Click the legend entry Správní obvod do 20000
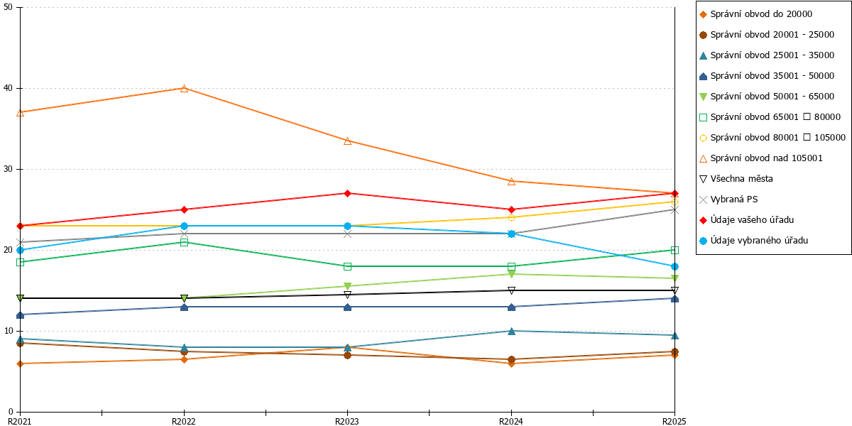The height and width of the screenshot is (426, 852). (755, 14)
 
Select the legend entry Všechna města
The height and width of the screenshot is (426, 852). (736, 179)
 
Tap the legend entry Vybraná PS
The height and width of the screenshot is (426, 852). (728, 200)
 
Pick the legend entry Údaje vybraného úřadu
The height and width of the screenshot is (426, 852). (753, 241)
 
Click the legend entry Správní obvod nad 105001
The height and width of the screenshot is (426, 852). (760, 158)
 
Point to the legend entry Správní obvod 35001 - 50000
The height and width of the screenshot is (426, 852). (767, 76)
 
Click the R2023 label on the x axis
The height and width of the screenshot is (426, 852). (347, 421)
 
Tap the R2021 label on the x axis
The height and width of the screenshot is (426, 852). (20, 421)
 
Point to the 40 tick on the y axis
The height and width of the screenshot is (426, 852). (8, 88)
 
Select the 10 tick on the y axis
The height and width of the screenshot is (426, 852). (8, 331)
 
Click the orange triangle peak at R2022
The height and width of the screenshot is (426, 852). (184, 88)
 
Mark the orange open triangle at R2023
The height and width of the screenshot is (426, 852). (347, 141)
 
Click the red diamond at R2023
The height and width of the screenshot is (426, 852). (347, 194)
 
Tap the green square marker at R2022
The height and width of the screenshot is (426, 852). (184, 242)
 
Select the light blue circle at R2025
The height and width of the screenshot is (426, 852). (674, 267)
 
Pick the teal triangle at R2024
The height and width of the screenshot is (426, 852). (512, 332)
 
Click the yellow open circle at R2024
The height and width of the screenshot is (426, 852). (512, 217)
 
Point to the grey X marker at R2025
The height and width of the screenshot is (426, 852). (674, 210)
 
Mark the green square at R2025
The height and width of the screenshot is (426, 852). (674, 250)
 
